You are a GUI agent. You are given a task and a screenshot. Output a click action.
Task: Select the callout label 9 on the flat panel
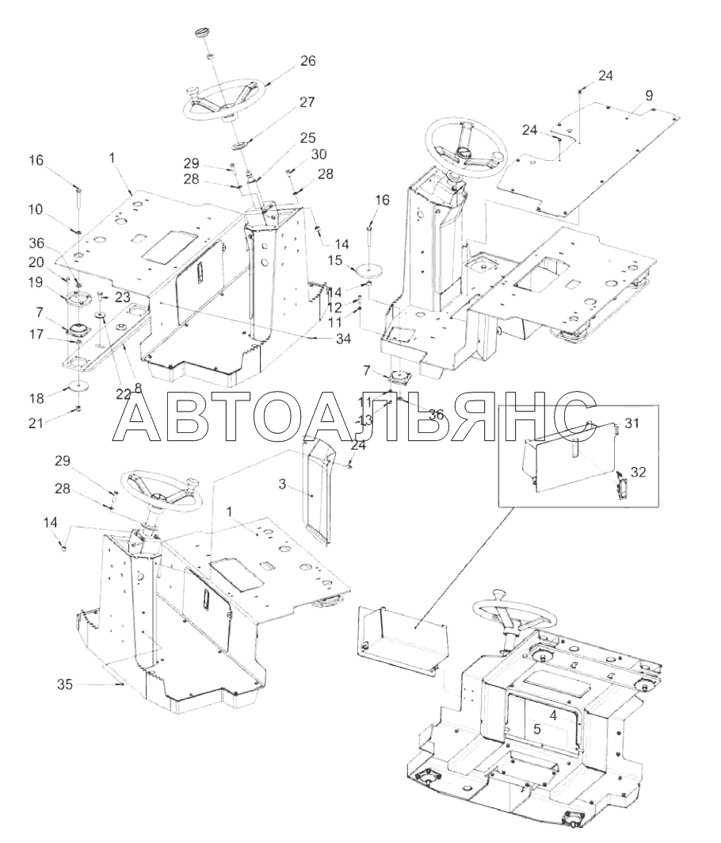pos(649,96)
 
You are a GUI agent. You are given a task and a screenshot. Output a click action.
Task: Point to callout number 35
pos(67,683)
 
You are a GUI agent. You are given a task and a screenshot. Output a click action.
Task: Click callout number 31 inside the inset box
pos(631,423)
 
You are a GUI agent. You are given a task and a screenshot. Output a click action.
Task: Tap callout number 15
pos(334,259)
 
